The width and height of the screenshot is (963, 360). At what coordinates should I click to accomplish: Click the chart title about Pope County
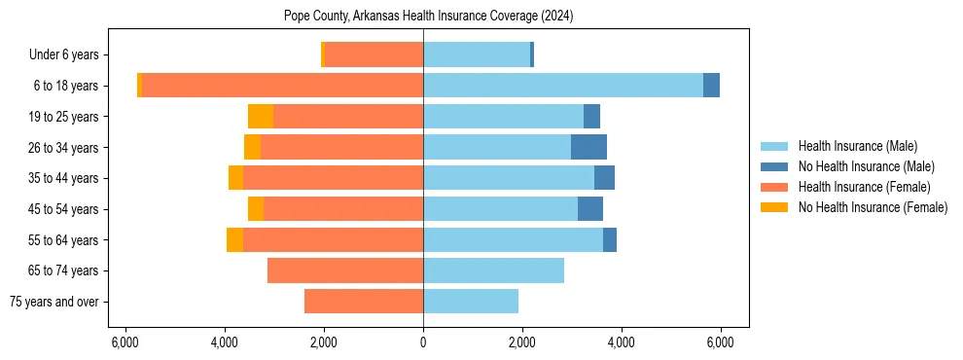click(423, 16)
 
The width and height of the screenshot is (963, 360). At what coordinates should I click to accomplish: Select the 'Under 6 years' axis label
click(70, 55)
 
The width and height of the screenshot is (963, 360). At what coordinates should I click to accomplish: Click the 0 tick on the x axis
click(423, 342)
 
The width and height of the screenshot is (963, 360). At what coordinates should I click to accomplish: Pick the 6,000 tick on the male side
click(720, 342)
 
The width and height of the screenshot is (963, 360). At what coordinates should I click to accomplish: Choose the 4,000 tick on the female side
click(225, 342)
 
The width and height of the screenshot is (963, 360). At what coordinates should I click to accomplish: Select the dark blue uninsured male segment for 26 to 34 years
click(588, 147)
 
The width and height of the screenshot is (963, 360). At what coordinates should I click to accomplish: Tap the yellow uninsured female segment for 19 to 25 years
click(261, 117)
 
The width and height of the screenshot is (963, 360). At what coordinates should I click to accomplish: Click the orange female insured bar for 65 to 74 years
click(345, 270)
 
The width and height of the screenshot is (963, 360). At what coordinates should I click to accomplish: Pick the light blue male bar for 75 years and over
click(471, 302)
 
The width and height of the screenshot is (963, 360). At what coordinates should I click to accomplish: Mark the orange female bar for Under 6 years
click(374, 55)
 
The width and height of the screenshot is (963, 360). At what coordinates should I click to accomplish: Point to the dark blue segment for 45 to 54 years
click(590, 209)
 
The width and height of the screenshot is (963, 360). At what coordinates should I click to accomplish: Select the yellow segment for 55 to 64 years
click(234, 239)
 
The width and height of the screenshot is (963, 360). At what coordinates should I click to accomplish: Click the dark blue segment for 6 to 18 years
click(711, 86)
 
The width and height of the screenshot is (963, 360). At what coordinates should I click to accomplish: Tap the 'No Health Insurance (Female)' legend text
click(873, 207)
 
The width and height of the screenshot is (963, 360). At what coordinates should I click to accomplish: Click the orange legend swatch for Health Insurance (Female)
click(774, 187)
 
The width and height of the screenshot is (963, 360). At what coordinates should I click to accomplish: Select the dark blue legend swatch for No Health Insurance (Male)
click(774, 166)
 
